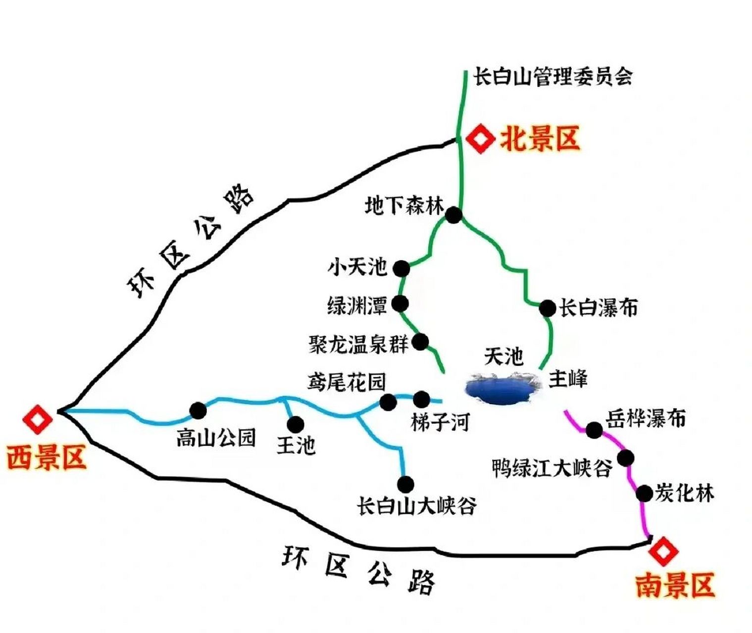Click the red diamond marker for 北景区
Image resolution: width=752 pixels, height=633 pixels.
(481, 139)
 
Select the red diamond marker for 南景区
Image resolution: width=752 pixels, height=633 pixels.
(663, 551)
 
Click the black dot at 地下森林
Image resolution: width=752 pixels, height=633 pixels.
(453, 215)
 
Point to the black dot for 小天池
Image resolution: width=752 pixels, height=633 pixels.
(401, 269)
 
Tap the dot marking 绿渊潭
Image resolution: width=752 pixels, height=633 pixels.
(400, 303)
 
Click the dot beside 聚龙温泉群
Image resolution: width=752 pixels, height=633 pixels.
(421, 341)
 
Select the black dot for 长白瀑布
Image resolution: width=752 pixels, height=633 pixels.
(548, 308)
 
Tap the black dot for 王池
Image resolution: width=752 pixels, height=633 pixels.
(296, 424)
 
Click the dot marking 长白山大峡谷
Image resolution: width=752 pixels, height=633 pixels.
(405, 483)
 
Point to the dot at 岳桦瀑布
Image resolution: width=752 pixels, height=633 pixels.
(594, 430)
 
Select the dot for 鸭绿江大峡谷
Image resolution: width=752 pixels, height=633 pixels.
(626, 457)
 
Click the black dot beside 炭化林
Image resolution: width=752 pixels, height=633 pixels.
(644, 493)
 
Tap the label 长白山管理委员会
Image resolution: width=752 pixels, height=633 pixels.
(553, 77)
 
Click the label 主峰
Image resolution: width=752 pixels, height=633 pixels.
(568, 379)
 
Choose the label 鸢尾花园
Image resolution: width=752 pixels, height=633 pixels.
(347, 382)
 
